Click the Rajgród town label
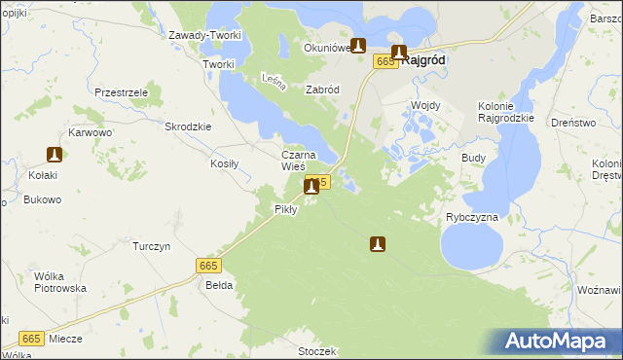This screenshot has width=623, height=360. [x=424, y=60]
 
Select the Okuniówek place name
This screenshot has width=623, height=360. [x=326, y=48]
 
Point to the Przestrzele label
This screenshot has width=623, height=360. [x=121, y=91]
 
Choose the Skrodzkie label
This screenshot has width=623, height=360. [x=189, y=126]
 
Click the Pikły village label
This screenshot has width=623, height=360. [x=285, y=209]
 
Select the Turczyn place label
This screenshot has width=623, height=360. [x=151, y=246]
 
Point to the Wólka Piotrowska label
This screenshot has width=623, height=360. [x=60, y=282]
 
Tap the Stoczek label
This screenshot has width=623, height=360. [x=317, y=351]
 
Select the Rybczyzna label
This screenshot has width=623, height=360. [x=472, y=217]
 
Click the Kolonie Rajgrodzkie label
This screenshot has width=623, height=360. [x=506, y=112]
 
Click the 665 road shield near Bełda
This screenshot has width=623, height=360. [x=208, y=266]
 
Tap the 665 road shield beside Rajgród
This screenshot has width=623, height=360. [x=385, y=62]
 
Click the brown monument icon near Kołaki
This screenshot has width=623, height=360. [x=55, y=154]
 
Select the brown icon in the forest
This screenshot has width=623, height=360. [x=378, y=244]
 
